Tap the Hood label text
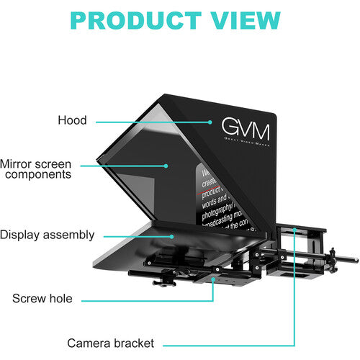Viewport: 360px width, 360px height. pyautogui.click(x=72, y=121)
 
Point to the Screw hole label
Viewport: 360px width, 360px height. pyautogui.click(x=42, y=298)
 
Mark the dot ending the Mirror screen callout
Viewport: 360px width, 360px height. pyautogui.click(x=166, y=165)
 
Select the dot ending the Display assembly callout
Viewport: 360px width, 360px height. pyautogui.click(x=171, y=235)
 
